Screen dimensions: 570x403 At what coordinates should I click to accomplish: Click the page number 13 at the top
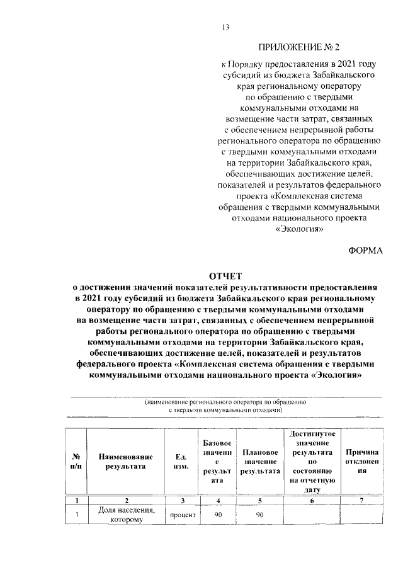pos(225,26)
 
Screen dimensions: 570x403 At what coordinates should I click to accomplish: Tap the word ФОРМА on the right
pos(366,250)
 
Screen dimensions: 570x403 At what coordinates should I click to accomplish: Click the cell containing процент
pos(182,515)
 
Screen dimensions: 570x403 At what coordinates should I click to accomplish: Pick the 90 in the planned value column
pos(260,515)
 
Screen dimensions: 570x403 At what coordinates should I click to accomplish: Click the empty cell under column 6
pos(312,515)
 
